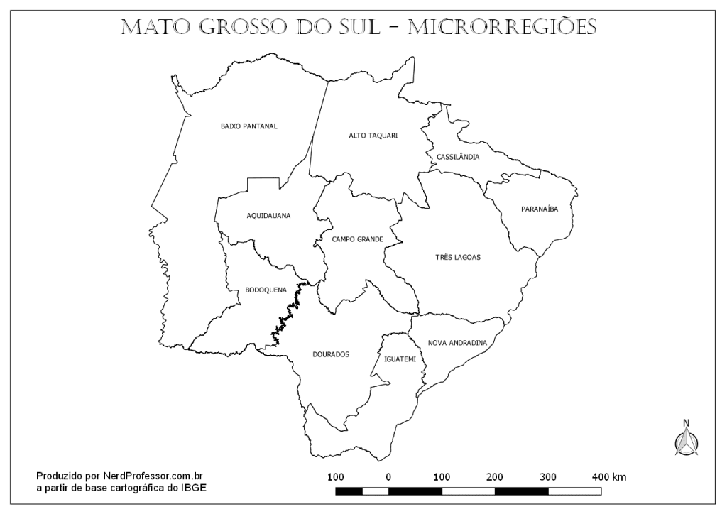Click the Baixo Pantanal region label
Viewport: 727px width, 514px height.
point(248,126)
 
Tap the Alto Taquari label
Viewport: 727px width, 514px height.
point(373,135)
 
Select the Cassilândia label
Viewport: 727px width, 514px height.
point(458,157)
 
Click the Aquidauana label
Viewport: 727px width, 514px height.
point(268,215)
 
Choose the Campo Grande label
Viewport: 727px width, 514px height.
point(357,239)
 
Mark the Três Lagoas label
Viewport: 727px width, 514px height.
point(458,257)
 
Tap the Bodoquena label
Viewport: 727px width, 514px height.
point(266,290)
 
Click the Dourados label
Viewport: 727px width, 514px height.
point(331,354)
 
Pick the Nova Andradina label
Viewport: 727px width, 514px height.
point(457,343)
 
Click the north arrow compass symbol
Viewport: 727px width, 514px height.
point(686,438)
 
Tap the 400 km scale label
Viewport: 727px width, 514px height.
point(609,476)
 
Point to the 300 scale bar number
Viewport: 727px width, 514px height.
point(548,476)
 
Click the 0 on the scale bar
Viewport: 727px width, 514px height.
point(388,476)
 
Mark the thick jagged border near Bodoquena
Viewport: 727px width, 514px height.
point(287,312)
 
